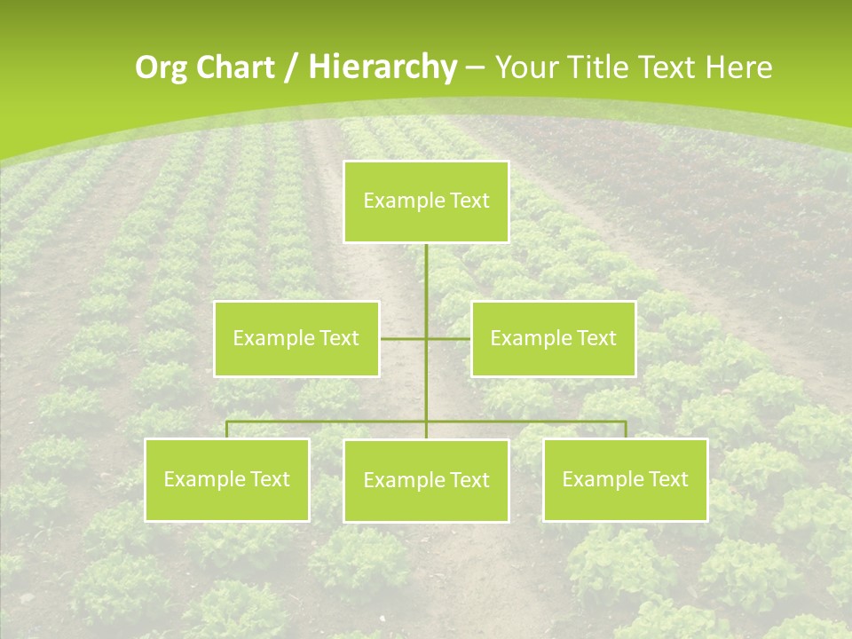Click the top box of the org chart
coord(426,201)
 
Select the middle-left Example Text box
coord(296,338)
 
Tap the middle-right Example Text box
coord(553,338)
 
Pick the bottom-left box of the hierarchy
coord(226,479)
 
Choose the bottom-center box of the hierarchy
coord(426,480)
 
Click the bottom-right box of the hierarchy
coord(625,479)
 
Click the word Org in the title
coord(157,67)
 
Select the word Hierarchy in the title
coord(382,67)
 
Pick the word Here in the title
coord(738,67)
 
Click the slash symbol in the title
coord(291,67)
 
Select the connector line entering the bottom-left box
coord(227,430)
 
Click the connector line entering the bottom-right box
coord(625,430)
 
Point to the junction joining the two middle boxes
coord(426,338)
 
